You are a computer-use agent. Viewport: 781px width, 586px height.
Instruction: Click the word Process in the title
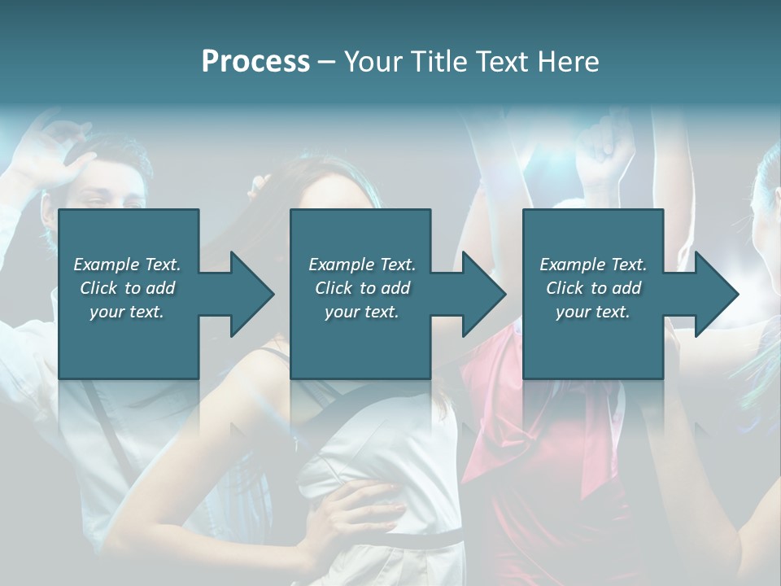click(255, 62)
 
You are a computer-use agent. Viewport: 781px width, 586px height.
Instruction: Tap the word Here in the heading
click(568, 62)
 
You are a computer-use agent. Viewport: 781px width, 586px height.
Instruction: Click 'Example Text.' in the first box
click(127, 265)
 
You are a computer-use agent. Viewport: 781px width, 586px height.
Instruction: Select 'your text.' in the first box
click(127, 312)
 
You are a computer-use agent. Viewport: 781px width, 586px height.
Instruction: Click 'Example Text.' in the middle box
click(362, 265)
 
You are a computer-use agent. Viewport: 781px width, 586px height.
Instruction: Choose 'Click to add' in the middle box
click(362, 288)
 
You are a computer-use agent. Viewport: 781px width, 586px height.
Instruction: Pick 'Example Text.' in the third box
click(593, 265)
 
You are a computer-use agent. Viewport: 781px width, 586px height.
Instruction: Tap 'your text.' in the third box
click(593, 312)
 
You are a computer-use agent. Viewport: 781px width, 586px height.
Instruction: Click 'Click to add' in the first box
click(127, 288)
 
